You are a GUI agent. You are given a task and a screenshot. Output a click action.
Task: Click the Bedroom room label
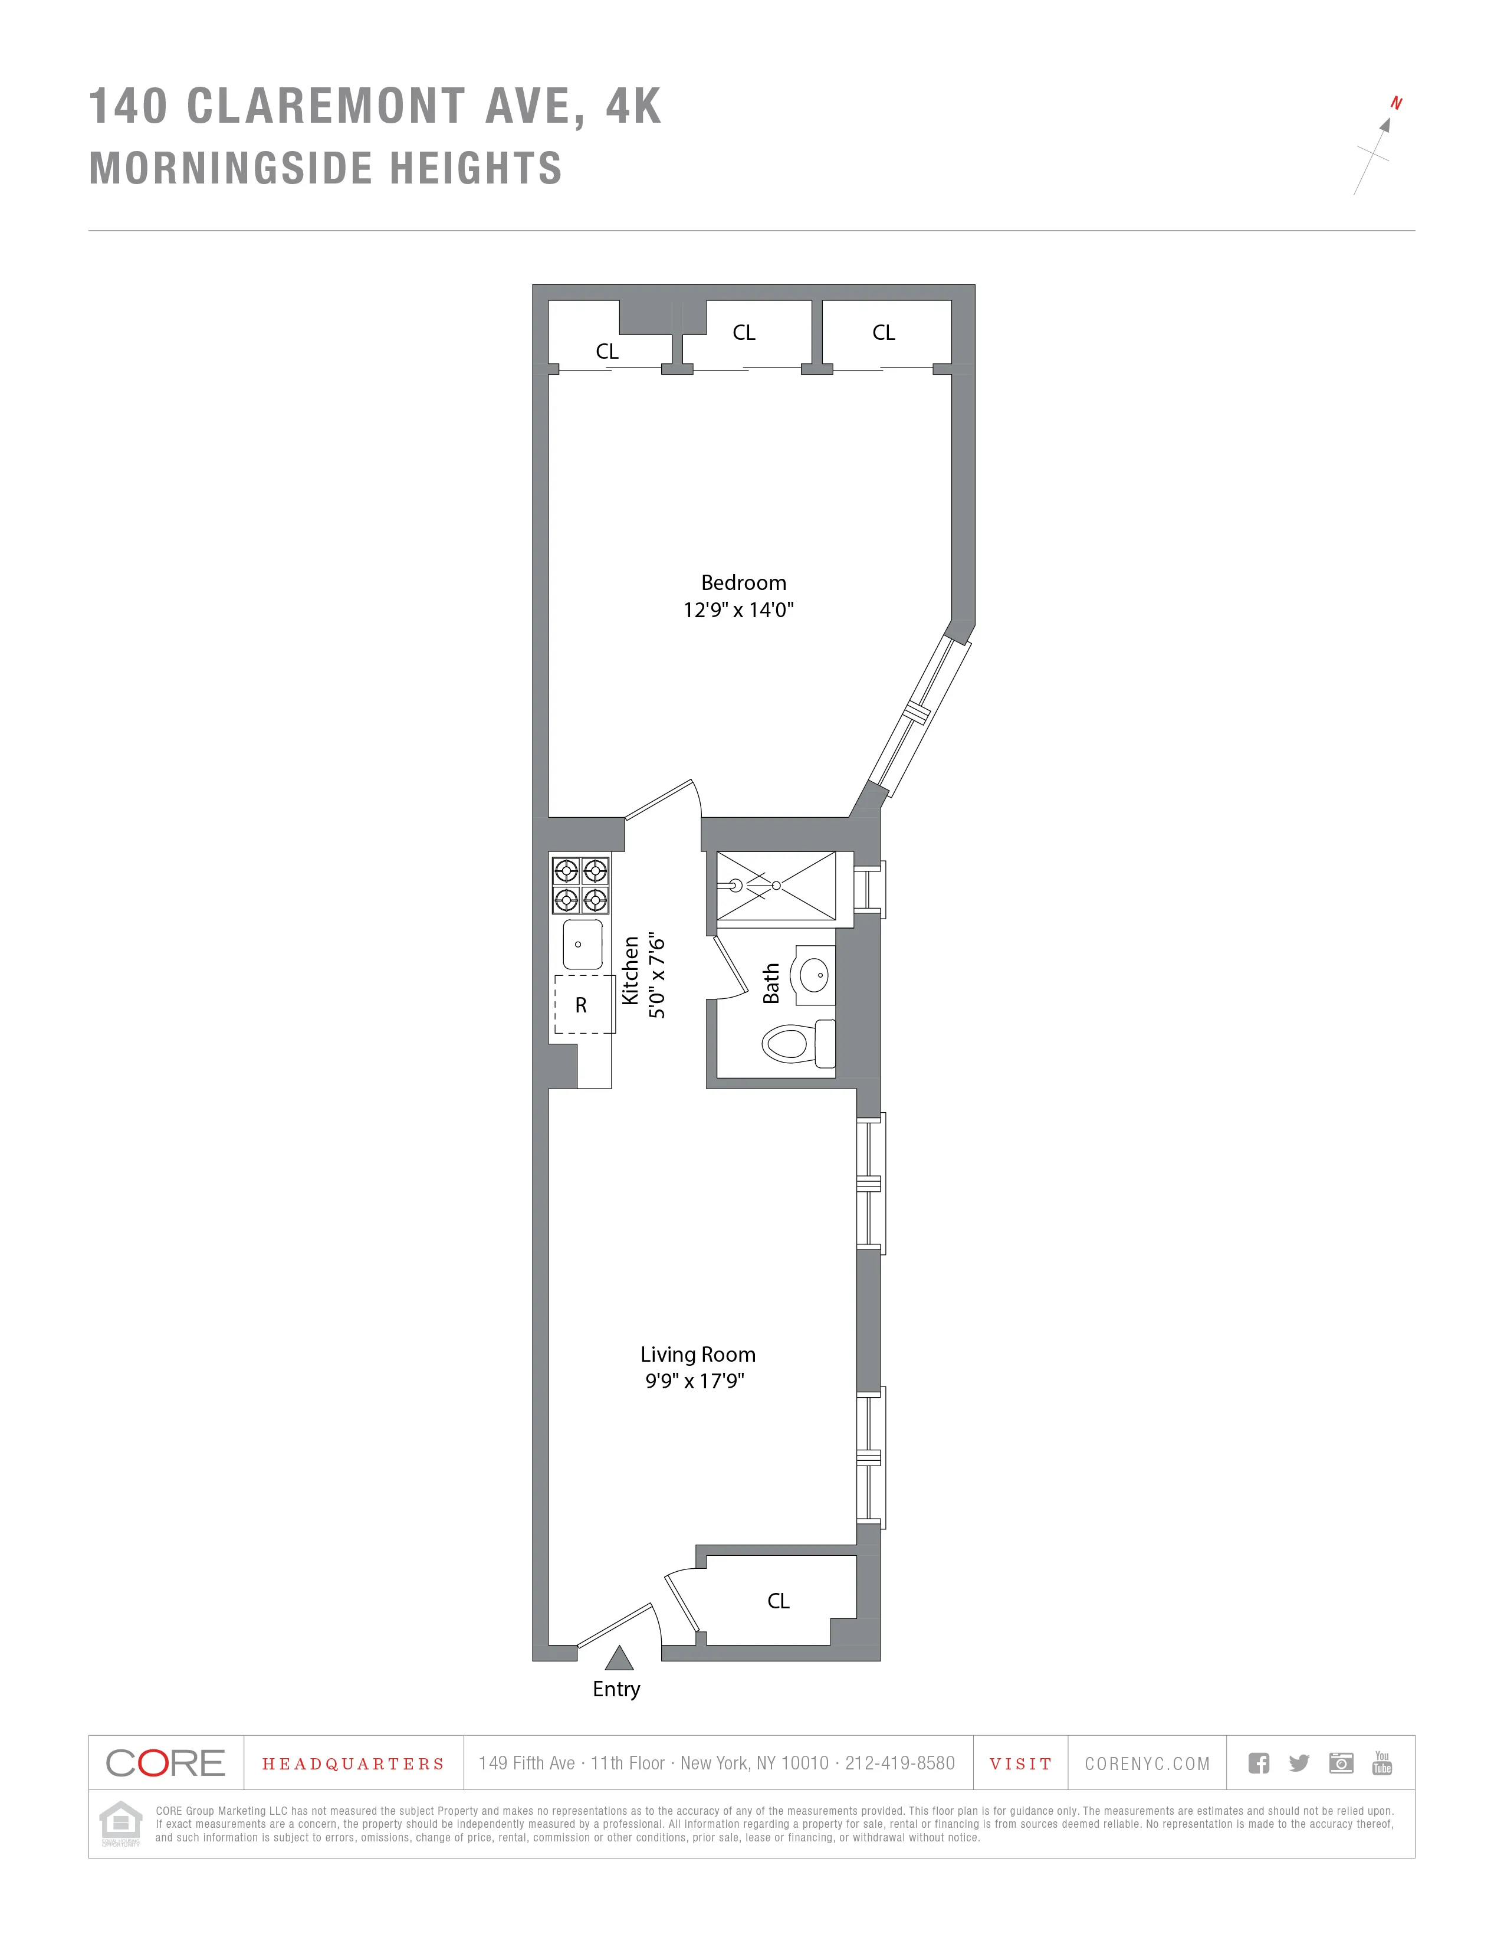pos(743,583)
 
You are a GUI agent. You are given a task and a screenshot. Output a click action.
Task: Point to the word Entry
pos(616,1689)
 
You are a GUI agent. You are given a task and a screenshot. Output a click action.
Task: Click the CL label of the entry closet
pos(778,1601)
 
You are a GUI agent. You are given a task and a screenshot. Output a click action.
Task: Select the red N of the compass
pos(1395,103)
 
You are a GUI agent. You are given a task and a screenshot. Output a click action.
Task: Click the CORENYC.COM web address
pos(1147,1764)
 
